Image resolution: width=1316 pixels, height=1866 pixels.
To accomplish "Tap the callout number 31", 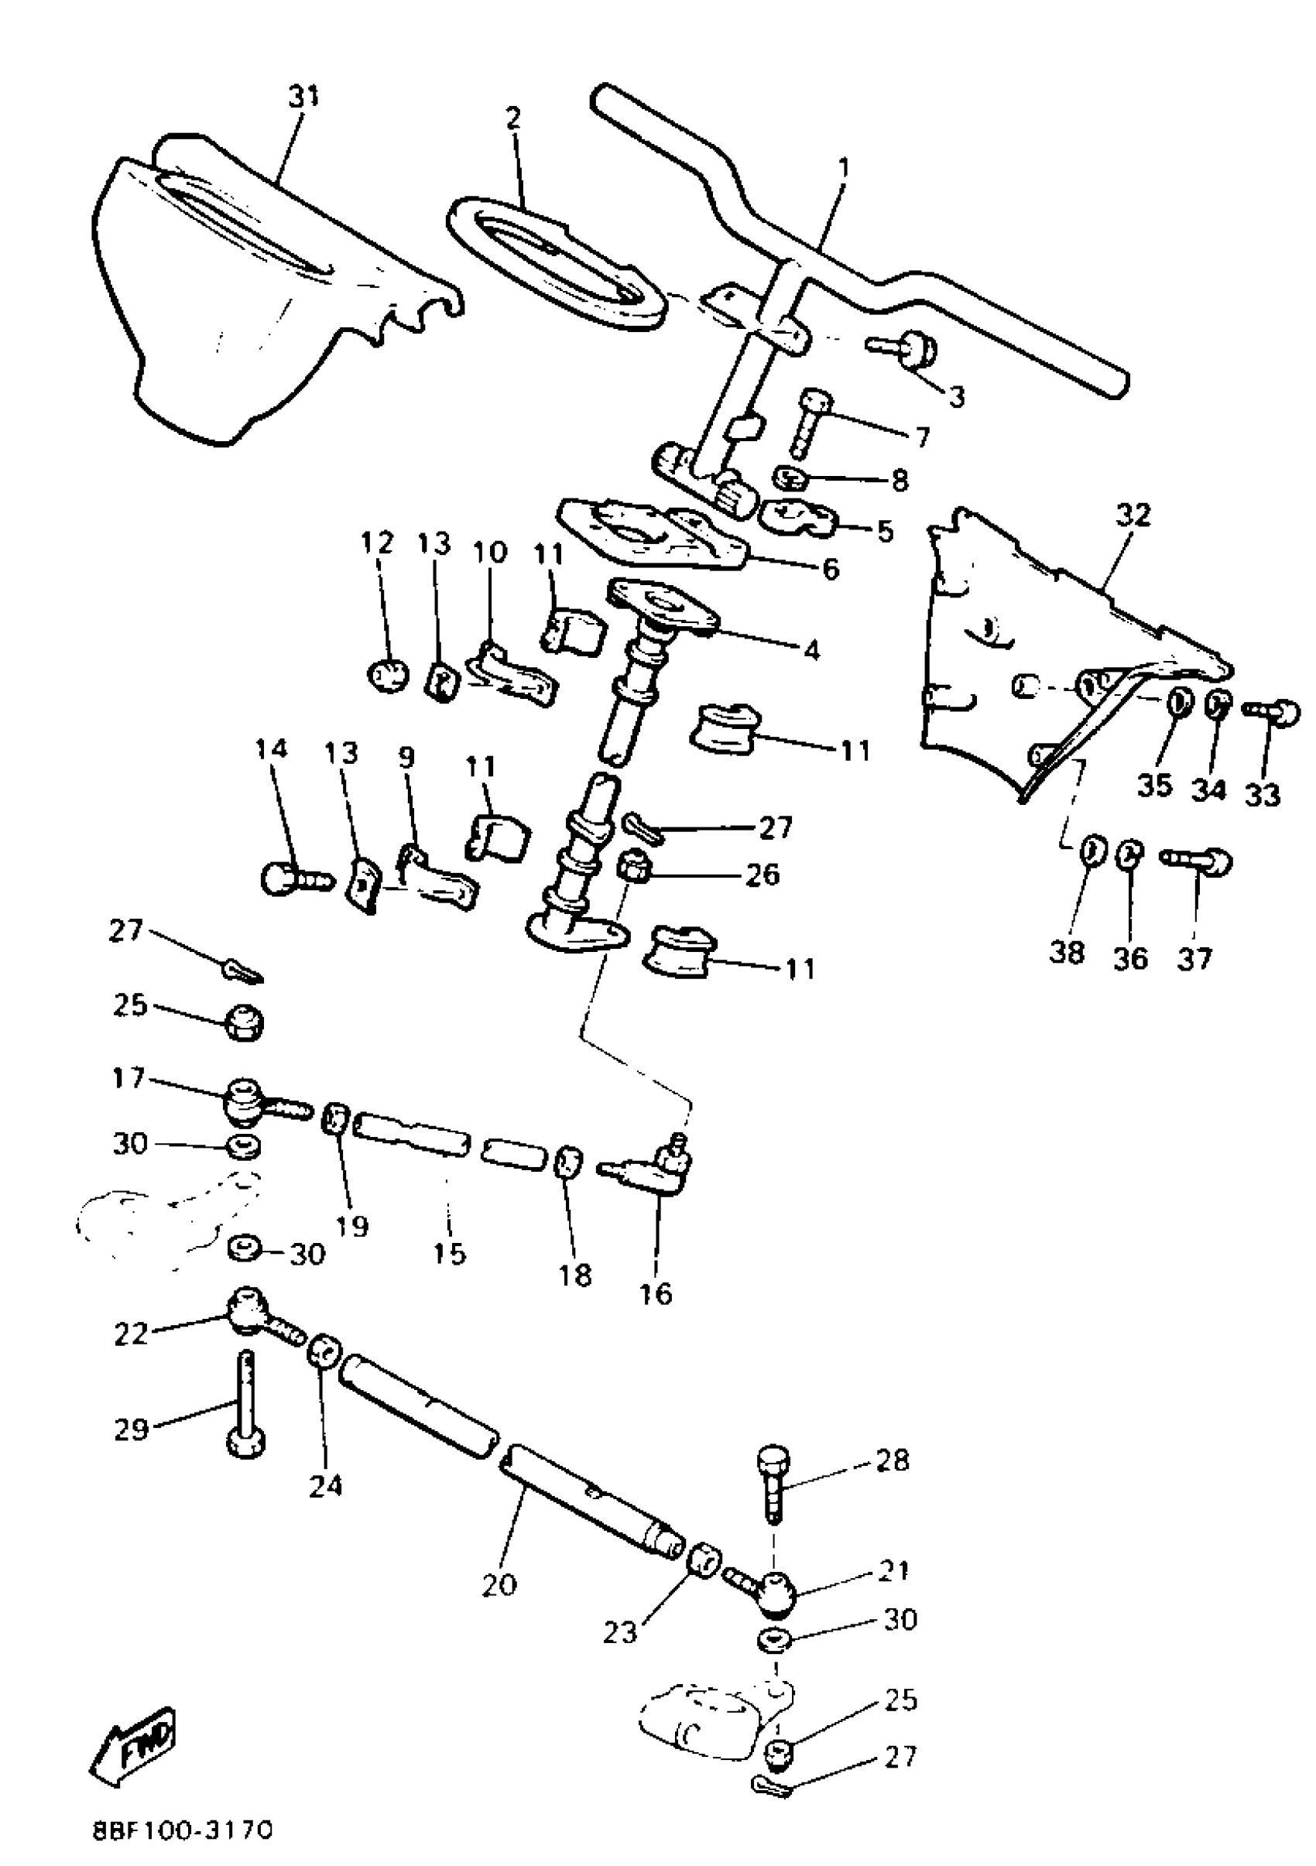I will pyautogui.click(x=304, y=97).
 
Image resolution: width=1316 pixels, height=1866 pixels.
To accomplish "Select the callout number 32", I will pyautogui.click(x=1133, y=515).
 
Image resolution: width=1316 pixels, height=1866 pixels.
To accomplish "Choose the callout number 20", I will pyautogui.click(x=499, y=1584).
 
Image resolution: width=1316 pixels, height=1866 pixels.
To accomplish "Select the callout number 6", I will pyautogui.click(x=830, y=568).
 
